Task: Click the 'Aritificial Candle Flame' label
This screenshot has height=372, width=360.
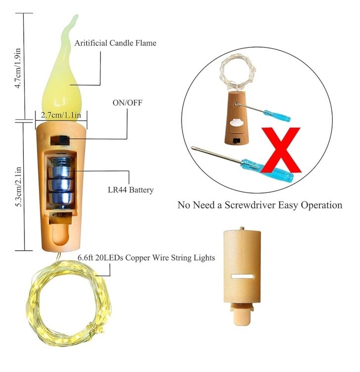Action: coord(115,43)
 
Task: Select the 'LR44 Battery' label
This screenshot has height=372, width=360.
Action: coord(131,189)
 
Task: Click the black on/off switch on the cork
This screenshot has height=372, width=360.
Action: coord(64,140)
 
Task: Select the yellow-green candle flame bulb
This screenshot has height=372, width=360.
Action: coord(63,84)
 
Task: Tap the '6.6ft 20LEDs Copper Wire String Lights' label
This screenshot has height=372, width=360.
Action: coord(146,258)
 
